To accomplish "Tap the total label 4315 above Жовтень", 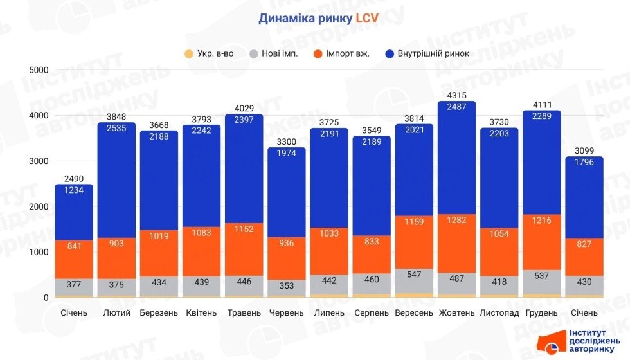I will click(x=456, y=96).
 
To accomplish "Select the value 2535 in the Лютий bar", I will click(x=116, y=129).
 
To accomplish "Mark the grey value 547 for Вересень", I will click(x=413, y=275).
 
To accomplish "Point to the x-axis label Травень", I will click(x=244, y=313).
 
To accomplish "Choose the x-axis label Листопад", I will click(x=498, y=313).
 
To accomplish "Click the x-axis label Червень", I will click(x=287, y=313).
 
